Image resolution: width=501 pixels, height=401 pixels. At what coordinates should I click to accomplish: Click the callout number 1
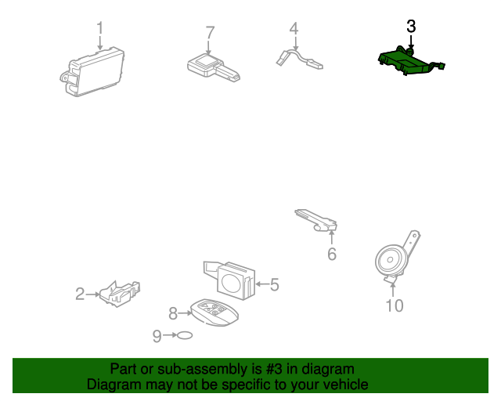click(x=100, y=28)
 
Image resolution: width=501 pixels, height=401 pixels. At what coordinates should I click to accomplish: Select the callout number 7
click(x=210, y=33)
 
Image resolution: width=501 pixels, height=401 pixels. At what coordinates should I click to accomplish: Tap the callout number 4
click(x=294, y=28)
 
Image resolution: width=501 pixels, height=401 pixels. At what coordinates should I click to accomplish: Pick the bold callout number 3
click(x=411, y=26)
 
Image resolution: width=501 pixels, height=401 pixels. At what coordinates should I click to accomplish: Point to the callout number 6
click(x=332, y=254)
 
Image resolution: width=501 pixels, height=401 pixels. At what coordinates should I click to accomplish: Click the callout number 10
click(x=395, y=305)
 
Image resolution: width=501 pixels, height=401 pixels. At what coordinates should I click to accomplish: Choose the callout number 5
click(x=275, y=284)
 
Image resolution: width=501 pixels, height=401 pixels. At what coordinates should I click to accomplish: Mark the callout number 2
click(x=80, y=294)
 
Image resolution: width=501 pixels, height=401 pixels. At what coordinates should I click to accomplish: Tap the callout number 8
click(x=173, y=313)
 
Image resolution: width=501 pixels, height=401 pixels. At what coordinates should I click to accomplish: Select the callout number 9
click(x=157, y=336)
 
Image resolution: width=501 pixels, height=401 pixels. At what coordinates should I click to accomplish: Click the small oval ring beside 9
click(x=185, y=335)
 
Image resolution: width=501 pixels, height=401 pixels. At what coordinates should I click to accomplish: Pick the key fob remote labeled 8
click(x=214, y=312)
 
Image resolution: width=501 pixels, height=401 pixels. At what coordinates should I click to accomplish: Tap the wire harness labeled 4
click(x=299, y=60)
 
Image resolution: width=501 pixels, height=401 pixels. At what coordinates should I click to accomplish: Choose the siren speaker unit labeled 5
click(x=230, y=280)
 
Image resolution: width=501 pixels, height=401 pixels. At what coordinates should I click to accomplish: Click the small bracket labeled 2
click(x=119, y=294)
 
